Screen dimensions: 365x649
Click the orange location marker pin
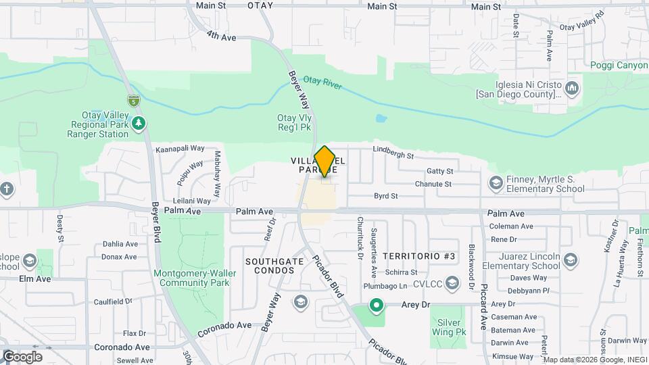325,162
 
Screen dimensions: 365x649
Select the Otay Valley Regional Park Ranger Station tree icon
139,123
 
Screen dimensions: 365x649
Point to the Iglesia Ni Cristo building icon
572,88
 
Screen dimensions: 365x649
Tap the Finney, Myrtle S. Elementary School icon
496,183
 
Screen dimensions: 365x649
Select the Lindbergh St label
393,154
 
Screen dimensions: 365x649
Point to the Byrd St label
387,196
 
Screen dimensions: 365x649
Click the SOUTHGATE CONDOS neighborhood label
270,265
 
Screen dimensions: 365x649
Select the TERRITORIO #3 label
419,256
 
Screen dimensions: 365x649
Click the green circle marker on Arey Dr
376,306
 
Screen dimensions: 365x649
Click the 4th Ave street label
221,37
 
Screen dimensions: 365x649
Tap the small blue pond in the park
381,119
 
